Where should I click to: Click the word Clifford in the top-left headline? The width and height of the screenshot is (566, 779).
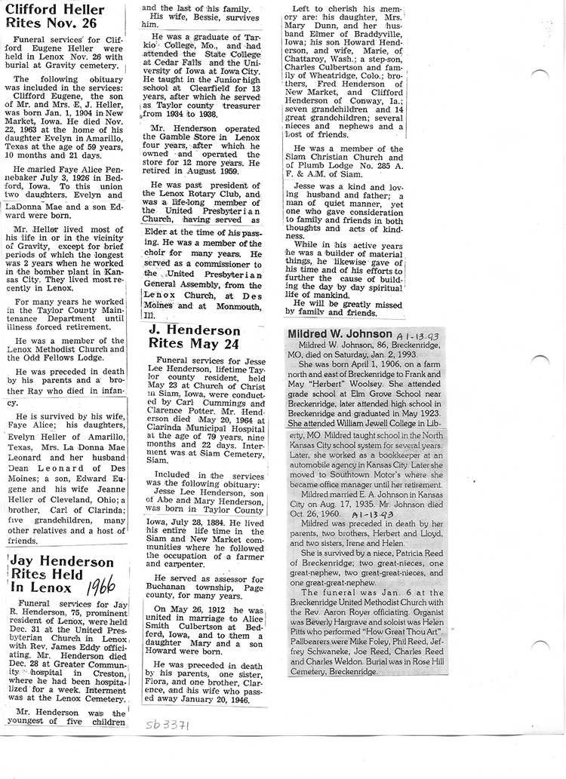tap(34, 10)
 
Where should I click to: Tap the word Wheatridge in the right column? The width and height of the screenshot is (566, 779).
tap(326, 75)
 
